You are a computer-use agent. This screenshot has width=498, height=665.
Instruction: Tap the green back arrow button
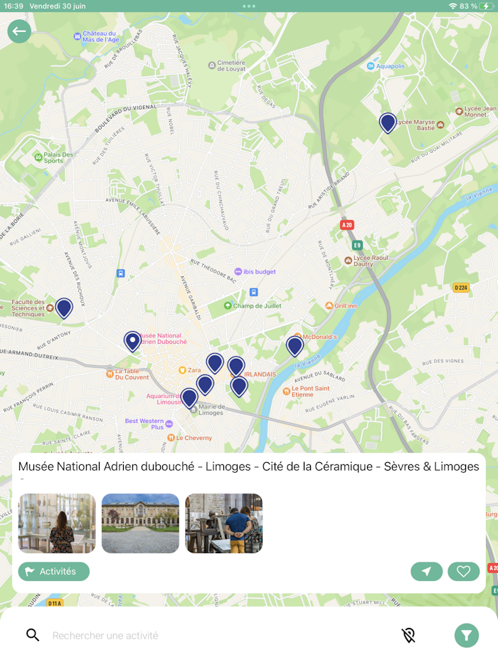[x=19, y=31]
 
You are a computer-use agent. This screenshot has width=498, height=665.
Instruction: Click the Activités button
[x=54, y=571]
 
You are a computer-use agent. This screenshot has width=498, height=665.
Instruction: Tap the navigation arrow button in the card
[x=426, y=571]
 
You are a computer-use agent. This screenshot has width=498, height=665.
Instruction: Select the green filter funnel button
[x=467, y=635]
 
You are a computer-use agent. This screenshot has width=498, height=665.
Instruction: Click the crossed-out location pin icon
[x=408, y=635]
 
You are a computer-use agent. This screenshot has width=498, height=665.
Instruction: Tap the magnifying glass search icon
[x=33, y=635]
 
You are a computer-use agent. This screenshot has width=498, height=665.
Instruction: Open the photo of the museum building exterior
[x=140, y=523]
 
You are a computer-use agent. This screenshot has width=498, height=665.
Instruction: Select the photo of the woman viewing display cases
[x=57, y=523]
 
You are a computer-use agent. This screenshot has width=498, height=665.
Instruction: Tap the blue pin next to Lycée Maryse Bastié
[x=388, y=122]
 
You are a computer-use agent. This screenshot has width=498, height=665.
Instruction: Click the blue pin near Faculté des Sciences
[x=64, y=308]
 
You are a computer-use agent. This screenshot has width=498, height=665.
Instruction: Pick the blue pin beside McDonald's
[x=295, y=346]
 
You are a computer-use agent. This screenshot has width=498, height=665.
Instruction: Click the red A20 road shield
[x=347, y=225]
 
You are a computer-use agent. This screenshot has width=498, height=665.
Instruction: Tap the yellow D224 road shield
[x=461, y=288]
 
